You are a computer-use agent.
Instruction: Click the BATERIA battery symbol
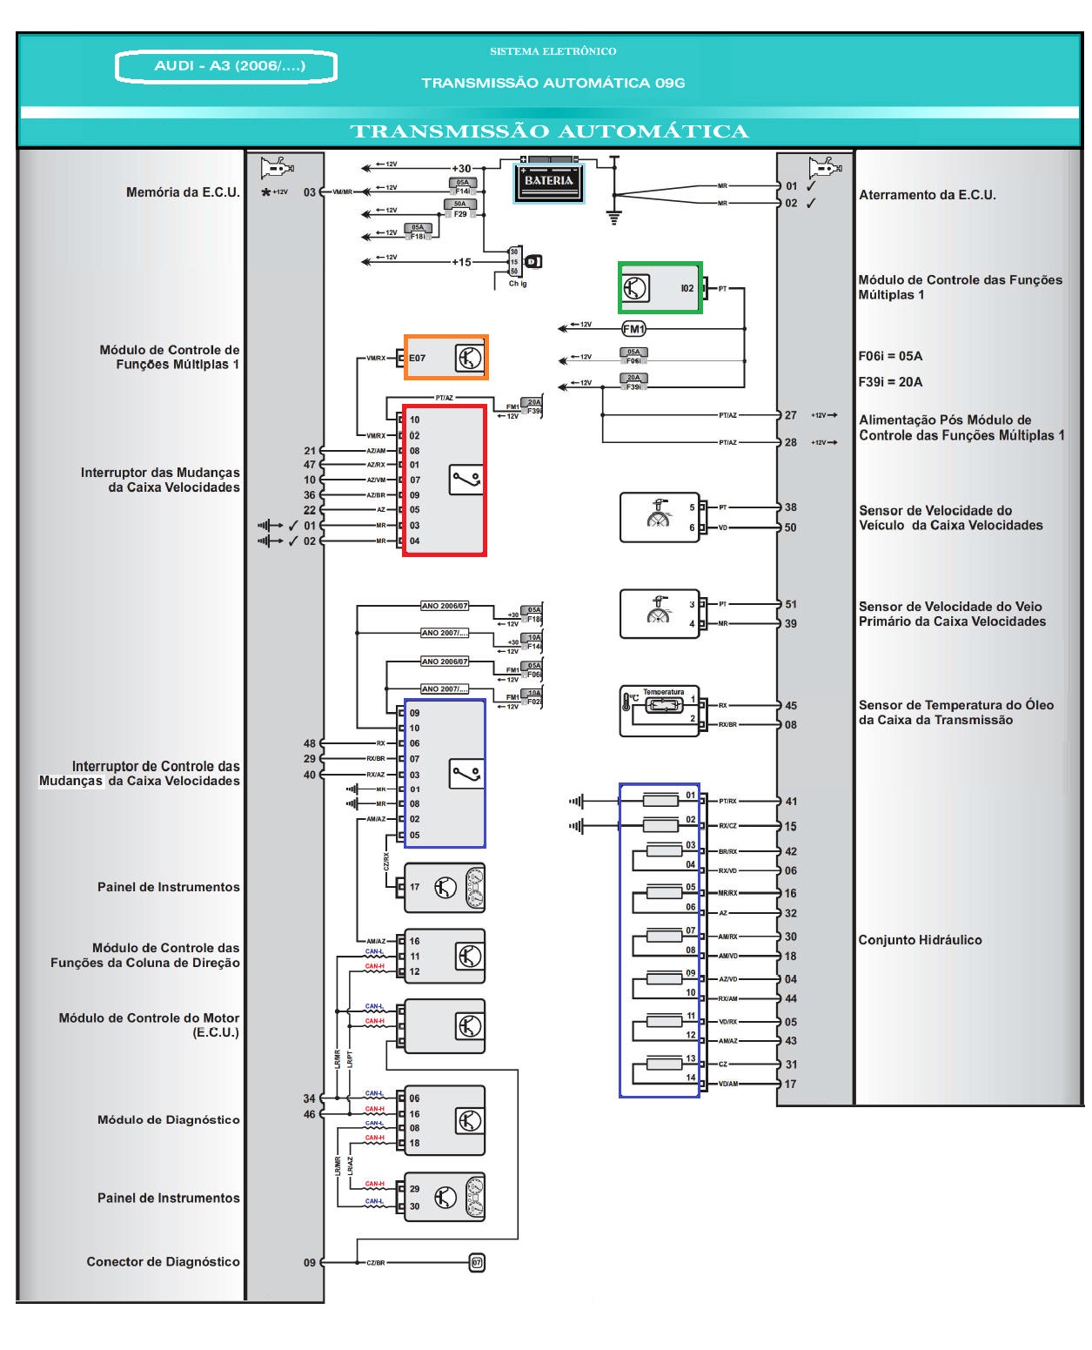[x=548, y=181]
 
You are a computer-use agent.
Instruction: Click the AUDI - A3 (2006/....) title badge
[x=226, y=66]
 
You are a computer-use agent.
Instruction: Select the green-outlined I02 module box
[x=660, y=287]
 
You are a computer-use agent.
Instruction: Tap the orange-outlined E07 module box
[x=446, y=357]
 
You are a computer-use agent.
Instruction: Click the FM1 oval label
[x=633, y=329]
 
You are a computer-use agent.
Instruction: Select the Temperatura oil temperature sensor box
[x=660, y=712]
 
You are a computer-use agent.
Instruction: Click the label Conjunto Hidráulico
[x=920, y=940]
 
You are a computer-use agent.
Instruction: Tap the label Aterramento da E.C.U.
[x=928, y=195]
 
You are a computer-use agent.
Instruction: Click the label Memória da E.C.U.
[x=183, y=192]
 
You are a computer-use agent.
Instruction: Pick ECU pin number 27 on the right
[x=790, y=415]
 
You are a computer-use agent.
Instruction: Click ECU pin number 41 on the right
[x=790, y=802]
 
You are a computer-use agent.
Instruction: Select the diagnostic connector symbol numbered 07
[x=476, y=1262]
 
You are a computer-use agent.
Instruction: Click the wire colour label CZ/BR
[x=375, y=1263]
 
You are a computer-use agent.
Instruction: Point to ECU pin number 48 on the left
[x=310, y=743]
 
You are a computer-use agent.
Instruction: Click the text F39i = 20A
[x=890, y=381]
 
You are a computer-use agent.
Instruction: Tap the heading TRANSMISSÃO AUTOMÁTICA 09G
[x=553, y=84]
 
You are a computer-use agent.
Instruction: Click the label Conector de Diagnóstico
[x=163, y=1261]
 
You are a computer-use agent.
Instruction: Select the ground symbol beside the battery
[x=614, y=218]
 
